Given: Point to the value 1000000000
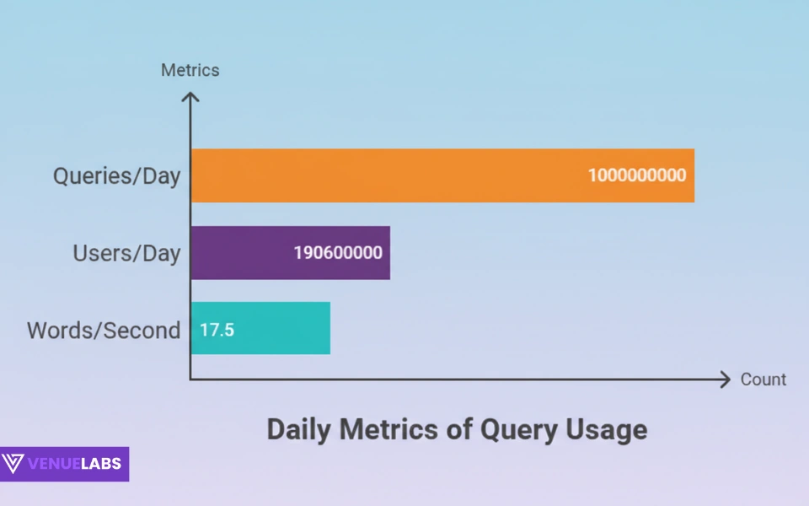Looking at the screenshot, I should pyautogui.click(x=637, y=175).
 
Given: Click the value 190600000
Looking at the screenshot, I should pyautogui.click(x=338, y=252).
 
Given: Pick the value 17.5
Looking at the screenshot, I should pyautogui.click(x=217, y=329).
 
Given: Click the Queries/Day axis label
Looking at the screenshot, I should pyautogui.click(x=116, y=176).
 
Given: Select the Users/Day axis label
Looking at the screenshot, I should pyautogui.click(x=126, y=253).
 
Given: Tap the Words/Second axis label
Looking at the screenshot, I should pyautogui.click(x=104, y=330).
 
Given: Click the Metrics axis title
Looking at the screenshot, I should pyautogui.click(x=190, y=70).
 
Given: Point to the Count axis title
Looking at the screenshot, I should pyautogui.click(x=763, y=379).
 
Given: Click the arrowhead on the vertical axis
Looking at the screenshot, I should pyautogui.click(x=191, y=98).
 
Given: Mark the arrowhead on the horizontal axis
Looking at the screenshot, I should pyautogui.click(x=724, y=379).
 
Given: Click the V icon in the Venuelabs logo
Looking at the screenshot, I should pyautogui.click(x=13, y=464).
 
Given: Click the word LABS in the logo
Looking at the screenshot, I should pyautogui.click(x=101, y=464).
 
